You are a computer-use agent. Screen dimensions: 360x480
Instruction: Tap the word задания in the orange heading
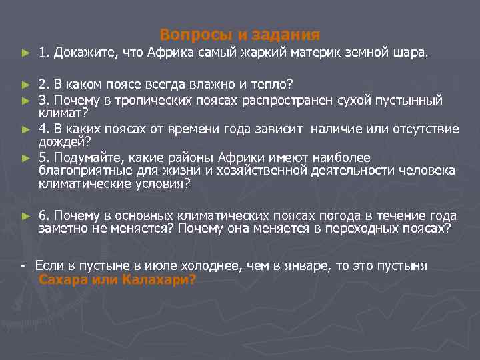(289, 34)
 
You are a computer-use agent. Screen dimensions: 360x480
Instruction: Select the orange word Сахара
(65, 279)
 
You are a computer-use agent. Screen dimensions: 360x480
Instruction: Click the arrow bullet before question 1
(25, 53)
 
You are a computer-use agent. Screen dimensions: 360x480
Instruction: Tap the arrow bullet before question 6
(25, 216)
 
